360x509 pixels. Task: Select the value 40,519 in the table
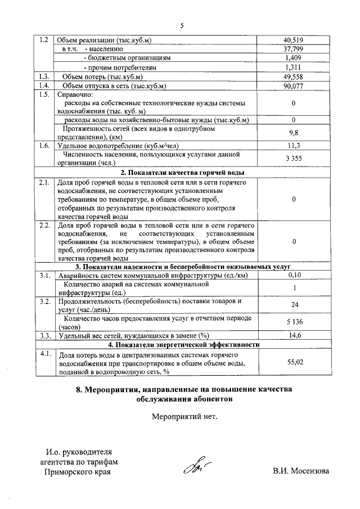tap(294, 40)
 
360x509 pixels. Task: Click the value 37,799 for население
tap(294, 49)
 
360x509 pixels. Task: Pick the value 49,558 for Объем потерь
tap(294, 76)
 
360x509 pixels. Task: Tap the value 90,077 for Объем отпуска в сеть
tap(294, 86)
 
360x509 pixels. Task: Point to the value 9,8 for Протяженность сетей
tap(294, 132)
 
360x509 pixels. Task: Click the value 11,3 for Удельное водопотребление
tap(294, 146)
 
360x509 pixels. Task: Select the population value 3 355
tap(294, 159)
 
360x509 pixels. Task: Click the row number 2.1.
tap(44, 183)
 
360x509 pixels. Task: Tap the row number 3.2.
tap(44, 302)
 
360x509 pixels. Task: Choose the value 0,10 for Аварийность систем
tap(294, 275)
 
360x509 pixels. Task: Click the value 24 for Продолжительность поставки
tap(294, 305)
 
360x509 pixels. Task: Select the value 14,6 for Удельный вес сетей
tap(294, 336)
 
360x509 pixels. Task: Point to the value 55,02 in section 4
tap(294, 363)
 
